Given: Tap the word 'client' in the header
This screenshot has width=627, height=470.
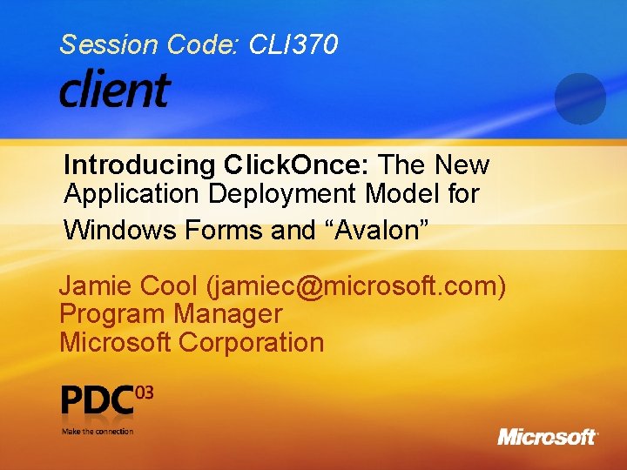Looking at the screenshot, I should coord(114,89).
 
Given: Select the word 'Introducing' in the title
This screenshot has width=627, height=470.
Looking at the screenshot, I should coord(139,164).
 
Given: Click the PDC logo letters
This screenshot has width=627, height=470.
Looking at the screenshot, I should coord(98,401).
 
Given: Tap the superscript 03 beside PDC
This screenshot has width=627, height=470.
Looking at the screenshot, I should coord(145,393).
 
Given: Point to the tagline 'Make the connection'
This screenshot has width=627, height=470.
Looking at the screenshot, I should coord(98,431).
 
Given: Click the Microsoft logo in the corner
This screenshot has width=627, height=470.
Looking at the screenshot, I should coord(548,436).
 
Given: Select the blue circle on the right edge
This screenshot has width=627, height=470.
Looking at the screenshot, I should coord(579,98).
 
